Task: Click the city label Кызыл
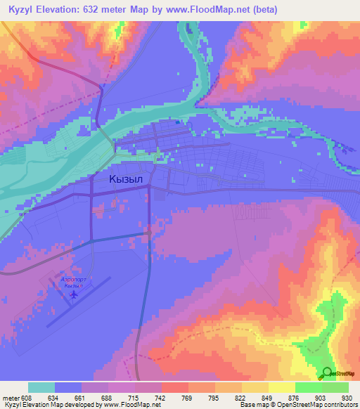[126, 179]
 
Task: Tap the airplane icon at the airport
[72, 295]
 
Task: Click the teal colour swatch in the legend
[41, 387]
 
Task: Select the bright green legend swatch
[309, 387]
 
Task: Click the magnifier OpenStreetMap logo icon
[326, 374]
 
